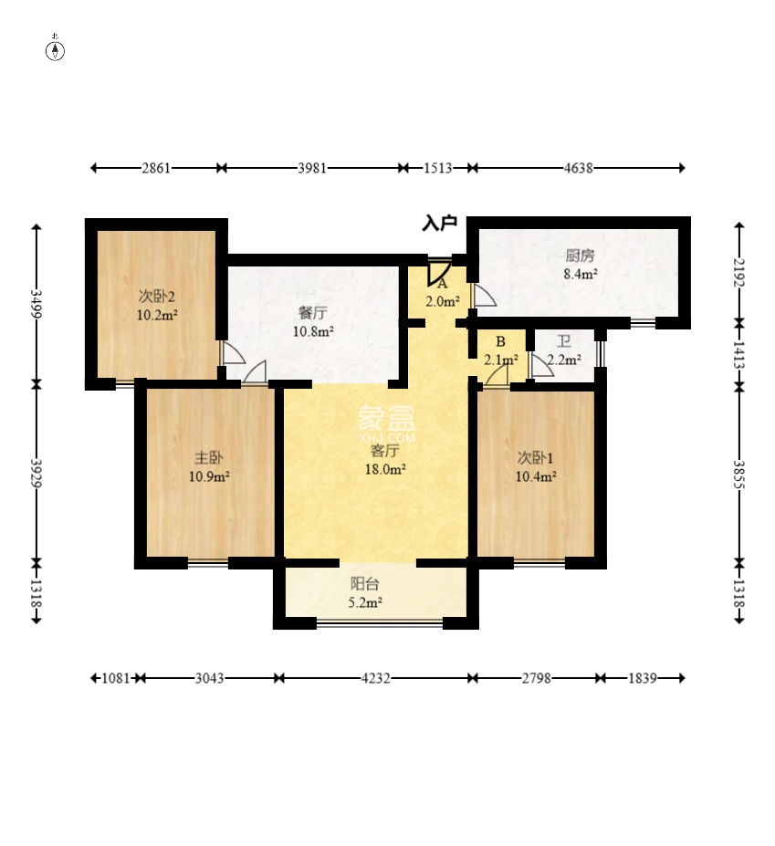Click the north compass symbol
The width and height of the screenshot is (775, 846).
55,50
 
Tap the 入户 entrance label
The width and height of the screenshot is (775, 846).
439,223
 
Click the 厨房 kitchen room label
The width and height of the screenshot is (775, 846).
581,256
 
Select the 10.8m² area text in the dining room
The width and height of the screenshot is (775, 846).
313,331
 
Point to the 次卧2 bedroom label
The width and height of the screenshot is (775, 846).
156,297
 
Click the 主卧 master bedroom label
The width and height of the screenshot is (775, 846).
208,457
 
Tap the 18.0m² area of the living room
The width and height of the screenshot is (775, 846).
385,469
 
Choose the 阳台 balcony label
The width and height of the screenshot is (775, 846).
365,583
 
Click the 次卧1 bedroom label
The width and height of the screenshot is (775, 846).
535,457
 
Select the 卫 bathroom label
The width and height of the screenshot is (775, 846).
564,341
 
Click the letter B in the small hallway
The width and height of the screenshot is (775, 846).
500,341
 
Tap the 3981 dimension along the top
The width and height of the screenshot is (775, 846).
312,168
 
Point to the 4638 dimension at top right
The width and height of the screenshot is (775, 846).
579,168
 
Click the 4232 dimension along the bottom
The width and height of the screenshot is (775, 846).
375,678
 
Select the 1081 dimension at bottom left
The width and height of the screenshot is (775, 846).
116,678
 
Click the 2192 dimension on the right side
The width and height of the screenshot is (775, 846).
738,274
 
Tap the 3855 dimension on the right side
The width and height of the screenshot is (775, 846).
738,475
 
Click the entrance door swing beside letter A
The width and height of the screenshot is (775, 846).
438,273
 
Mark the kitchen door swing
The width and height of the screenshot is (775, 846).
484,295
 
